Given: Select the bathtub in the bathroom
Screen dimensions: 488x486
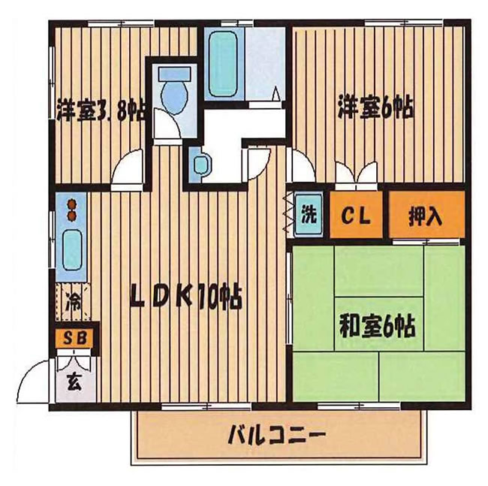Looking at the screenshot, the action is coord(222,64).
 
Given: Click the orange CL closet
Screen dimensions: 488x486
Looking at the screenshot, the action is coord(356,214).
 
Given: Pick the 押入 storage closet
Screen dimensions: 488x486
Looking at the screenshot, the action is coord(426,214).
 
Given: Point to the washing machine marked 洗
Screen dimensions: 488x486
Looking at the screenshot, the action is coord(309,214).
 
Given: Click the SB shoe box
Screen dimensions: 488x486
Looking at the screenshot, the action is coord(74,338).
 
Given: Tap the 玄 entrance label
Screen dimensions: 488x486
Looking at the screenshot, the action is coord(75,383).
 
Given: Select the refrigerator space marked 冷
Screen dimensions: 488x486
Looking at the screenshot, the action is coord(74,302).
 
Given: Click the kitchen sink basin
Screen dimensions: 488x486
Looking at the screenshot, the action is coord(73,249).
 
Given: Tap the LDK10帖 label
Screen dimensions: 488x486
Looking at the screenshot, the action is coord(186,298).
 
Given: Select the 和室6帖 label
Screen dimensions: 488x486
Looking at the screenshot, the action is coord(378,326).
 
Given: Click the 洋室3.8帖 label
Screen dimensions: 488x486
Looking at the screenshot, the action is coord(101,110).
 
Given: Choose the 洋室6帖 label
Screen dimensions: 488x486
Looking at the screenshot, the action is coord(377,107).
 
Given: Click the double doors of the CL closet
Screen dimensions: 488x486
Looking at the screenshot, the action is coord(357,173).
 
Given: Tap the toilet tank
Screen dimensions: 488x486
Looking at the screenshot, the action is coord(174,74).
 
